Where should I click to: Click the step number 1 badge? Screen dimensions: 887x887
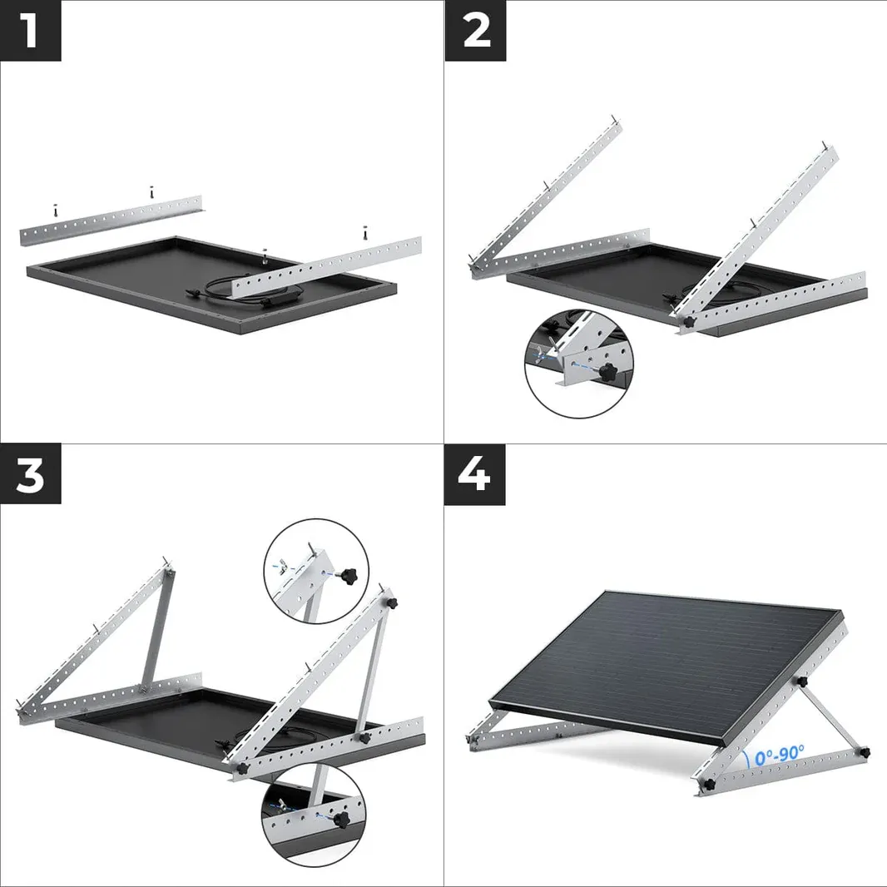click(x=30, y=31)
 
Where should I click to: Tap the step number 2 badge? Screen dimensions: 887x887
click(x=474, y=31)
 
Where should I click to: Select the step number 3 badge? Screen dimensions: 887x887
click(x=30, y=475)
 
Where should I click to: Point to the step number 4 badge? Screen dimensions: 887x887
click(x=474, y=475)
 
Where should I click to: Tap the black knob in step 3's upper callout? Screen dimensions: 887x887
click(x=346, y=574)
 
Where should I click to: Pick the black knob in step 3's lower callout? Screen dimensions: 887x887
click(x=340, y=820)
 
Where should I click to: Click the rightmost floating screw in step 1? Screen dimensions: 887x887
click(x=364, y=232)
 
